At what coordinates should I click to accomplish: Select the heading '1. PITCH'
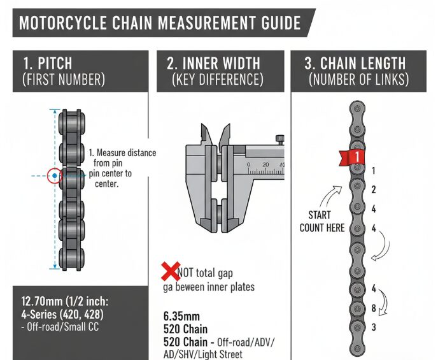(x=47, y=64)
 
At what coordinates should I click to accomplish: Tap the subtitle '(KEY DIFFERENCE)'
(x=216, y=80)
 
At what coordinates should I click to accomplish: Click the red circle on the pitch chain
(x=55, y=175)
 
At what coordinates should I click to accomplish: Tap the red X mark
(x=171, y=273)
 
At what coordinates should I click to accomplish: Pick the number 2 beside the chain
(x=374, y=190)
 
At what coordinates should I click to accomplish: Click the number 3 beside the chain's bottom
(x=374, y=327)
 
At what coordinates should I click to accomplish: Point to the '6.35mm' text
(x=181, y=315)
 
